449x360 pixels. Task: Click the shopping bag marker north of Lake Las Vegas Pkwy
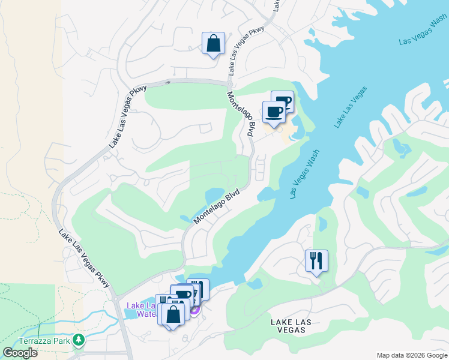(x=213, y=44)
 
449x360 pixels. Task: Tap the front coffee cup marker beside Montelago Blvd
(x=274, y=112)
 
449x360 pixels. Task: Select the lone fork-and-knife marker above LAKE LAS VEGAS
(x=316, y=261)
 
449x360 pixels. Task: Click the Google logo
(x=19, y=353)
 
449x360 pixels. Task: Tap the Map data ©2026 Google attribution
(x=411, y=355)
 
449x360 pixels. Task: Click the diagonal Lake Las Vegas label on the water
(x=351, y=107)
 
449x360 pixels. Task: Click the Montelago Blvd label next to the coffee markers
(x=242, y=113)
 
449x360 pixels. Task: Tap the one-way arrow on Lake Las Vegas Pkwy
(x=168, y=82)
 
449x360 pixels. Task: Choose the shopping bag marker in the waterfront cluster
(x=172, y=314)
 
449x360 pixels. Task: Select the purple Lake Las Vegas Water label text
(x=142, y=310)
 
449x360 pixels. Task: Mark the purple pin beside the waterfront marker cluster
(x=194, y=310)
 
